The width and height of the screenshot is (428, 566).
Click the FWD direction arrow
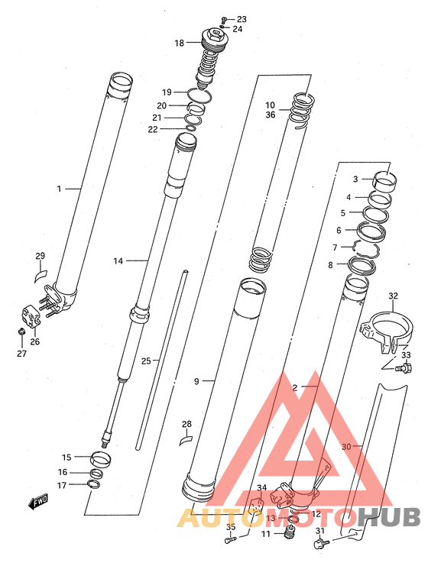point(38,502)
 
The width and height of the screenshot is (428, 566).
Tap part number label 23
point(242,19)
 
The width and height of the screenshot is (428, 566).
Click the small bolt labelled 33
point(405,369)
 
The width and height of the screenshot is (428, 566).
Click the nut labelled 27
point(21,331)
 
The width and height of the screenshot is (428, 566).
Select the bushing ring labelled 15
point(100,460)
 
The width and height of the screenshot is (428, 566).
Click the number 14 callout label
point(118,260)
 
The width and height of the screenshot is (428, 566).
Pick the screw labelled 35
point(230,540)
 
